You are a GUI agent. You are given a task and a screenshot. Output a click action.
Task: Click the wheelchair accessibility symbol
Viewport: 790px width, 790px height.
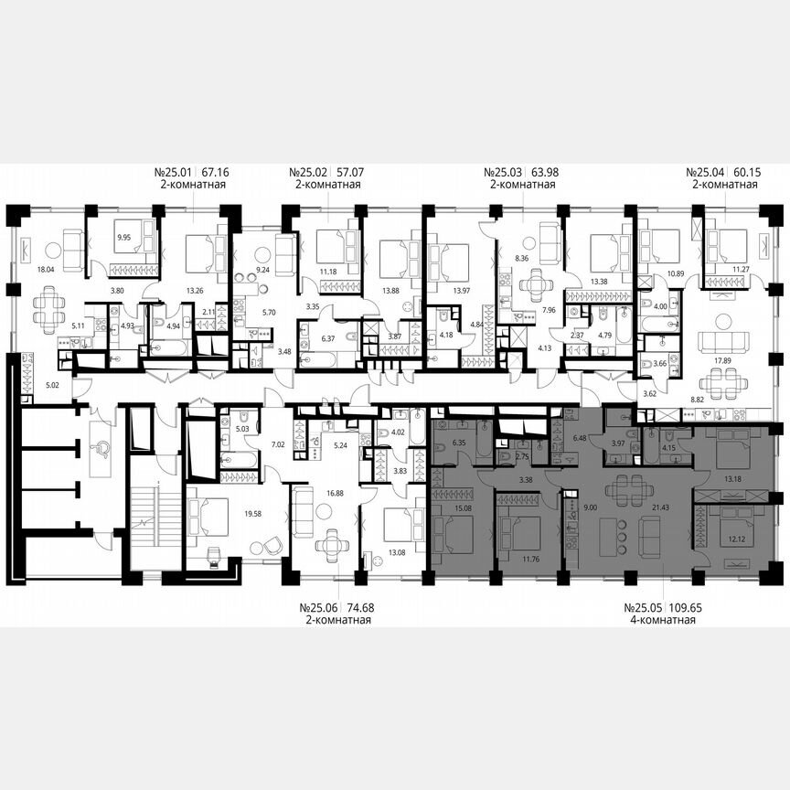pos(102,446)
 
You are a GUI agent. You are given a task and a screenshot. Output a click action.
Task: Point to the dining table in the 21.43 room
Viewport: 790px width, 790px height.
pos(622,485)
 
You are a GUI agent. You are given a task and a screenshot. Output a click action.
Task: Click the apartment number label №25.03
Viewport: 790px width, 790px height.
pos(503,171)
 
